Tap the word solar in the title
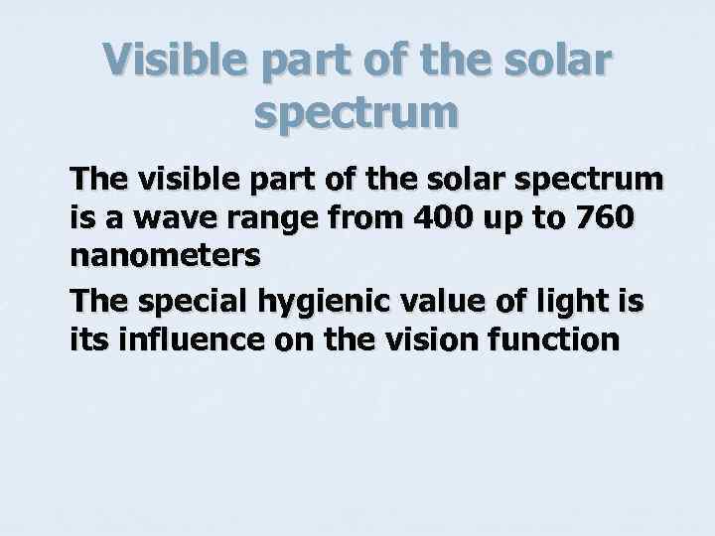[557, 64]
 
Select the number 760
[604, 216]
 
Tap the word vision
[435, 339]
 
